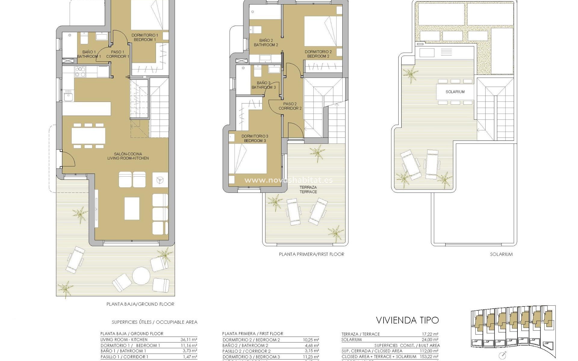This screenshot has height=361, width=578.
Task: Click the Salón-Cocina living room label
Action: [128, 156]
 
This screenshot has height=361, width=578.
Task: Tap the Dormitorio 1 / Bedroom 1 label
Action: [144, 37]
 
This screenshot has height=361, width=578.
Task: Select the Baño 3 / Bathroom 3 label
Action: [263, 85]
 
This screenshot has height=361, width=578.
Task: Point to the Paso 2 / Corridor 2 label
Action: [290, 106]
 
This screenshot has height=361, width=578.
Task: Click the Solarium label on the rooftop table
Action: [455, 92]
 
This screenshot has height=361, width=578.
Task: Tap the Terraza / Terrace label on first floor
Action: [308, 190]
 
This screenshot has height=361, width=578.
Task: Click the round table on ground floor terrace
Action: [141, 276]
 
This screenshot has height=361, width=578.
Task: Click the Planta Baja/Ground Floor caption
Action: [140, 304]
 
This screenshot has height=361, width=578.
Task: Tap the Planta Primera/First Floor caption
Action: [312, 254]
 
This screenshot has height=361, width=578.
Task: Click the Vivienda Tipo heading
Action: [407, 320]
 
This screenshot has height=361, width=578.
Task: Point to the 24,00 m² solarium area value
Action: [430, 340]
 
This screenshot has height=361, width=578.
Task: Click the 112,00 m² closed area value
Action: [429, 351]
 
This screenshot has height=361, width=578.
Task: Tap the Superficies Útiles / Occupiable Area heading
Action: [154, 322]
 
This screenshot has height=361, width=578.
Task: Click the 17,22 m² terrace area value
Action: [430, 334]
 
